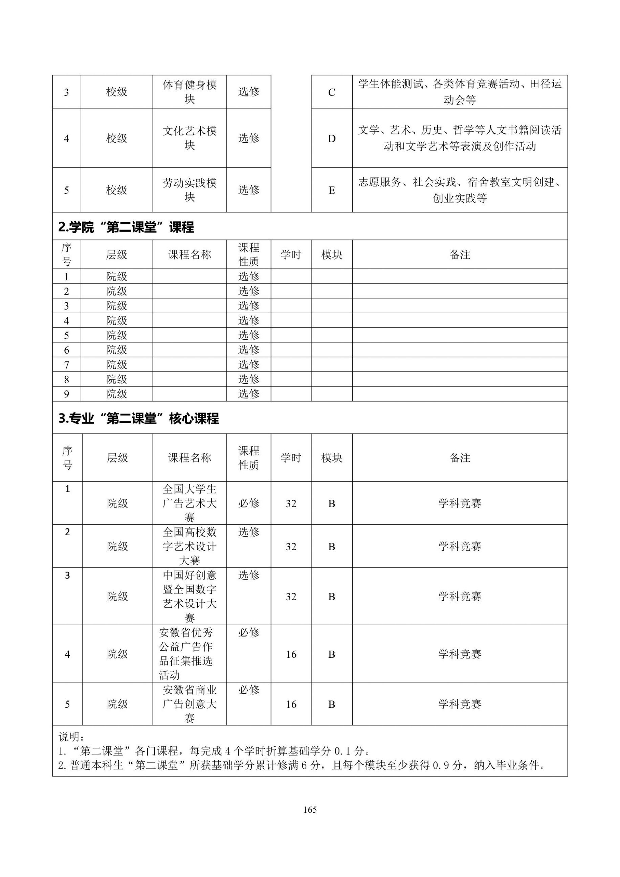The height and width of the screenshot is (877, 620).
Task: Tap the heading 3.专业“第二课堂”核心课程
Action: click(139, 418)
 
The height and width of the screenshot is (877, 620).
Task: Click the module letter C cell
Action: click(332, 92)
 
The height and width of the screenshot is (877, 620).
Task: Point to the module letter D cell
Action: click(332, 138)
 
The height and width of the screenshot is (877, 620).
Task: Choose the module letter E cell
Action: click(332, 190)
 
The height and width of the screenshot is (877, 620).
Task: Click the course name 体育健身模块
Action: click(190, 92)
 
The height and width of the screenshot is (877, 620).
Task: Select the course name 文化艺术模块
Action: click(190, 138)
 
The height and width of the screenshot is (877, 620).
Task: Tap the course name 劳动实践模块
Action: click(190, 190)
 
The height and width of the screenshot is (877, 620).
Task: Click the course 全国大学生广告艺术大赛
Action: click(190, 503)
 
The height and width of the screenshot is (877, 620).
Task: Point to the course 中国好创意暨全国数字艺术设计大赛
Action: click(190, 596)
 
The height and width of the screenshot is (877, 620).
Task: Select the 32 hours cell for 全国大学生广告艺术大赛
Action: click(291, 503)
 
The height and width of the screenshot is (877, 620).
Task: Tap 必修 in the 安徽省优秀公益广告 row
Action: click(249, 632)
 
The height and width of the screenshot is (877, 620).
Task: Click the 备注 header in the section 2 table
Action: click(460, 255)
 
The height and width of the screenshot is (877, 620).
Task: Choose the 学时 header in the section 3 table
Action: click(291, 457)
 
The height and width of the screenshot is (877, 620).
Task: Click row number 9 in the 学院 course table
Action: click(66, 394)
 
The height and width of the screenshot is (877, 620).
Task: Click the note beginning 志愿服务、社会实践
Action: click(460, 190)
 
